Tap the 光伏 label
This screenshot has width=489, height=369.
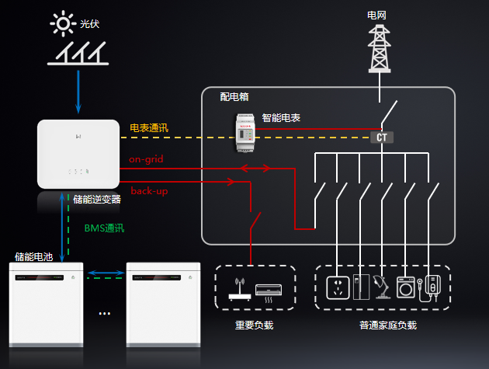tap(90, 25)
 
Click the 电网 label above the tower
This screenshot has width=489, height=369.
tap(377, 14)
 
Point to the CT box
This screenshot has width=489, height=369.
tap(381, 138)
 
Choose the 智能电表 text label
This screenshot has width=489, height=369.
tap(282, 117)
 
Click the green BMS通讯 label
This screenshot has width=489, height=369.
tap(103, 228)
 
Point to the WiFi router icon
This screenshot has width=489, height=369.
tap(238, 290)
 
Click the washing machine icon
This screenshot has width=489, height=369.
tap(405, 287)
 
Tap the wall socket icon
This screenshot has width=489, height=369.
tap(337, 287)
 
